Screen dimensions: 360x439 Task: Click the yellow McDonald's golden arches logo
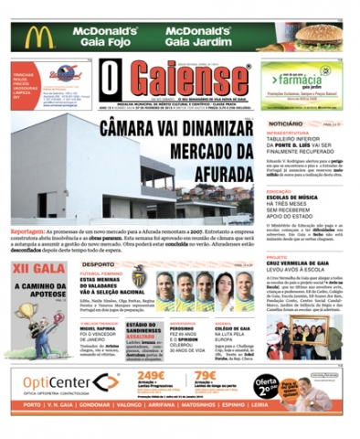38,37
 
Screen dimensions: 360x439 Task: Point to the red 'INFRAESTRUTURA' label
291,133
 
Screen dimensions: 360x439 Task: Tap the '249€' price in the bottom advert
150,374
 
